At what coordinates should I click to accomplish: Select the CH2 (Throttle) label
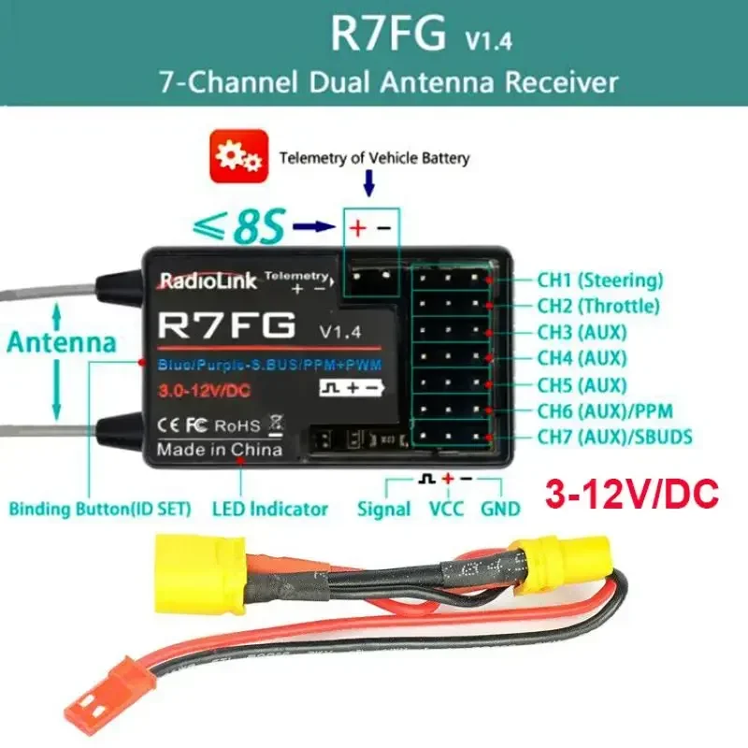(597, 305)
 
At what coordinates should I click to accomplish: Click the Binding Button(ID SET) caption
(100, 510)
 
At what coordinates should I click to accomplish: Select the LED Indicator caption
(270, 510)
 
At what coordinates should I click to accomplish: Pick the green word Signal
(383, 510)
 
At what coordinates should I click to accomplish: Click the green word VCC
(447, 510)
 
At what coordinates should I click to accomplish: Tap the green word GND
(501, 510)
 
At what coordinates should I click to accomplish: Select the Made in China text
(219, 450)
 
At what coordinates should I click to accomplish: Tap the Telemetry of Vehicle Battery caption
(374, 157)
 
